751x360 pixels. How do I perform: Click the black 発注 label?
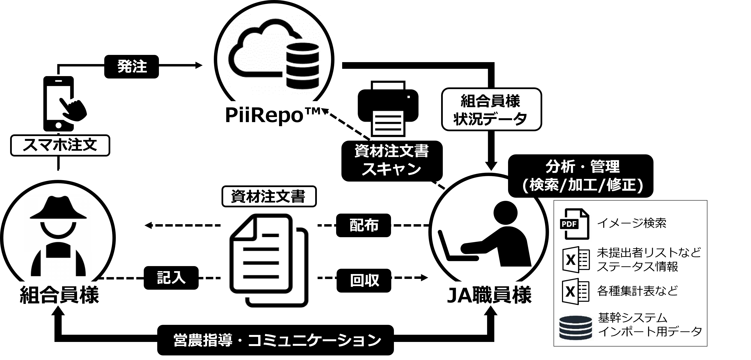131,66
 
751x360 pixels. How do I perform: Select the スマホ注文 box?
60,145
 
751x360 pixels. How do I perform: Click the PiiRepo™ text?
273,115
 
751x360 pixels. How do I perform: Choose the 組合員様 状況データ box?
491,109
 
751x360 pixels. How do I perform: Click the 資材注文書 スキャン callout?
392,161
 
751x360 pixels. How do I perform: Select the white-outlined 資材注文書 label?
269,196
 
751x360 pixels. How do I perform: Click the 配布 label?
364,225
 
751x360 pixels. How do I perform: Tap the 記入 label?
171,277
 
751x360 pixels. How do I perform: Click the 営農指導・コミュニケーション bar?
275,340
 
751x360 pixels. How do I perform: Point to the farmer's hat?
58,208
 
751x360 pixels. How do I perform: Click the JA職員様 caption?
489,295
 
